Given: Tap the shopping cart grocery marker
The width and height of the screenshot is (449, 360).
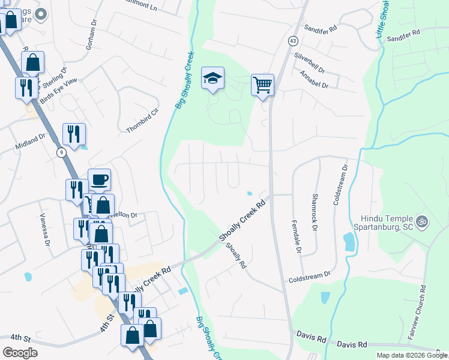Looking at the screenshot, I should [262, 86].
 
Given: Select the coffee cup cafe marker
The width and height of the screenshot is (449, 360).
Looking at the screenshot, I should [99, 180].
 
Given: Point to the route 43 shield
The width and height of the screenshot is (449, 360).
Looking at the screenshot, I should [292, 41].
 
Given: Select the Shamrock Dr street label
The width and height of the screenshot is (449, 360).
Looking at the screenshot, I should [314, 212].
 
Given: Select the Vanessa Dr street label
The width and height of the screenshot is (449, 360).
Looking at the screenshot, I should [44, 231].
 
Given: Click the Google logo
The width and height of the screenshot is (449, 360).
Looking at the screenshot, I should [20, 353].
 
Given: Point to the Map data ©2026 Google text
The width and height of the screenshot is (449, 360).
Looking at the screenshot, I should [411, 355].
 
